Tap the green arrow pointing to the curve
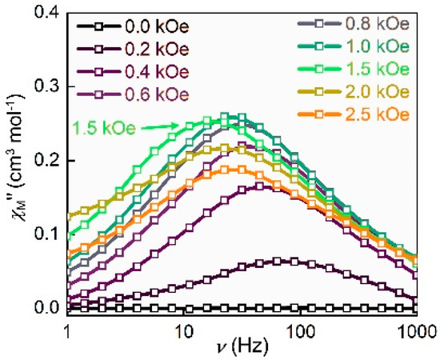click(x=156, y=125)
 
